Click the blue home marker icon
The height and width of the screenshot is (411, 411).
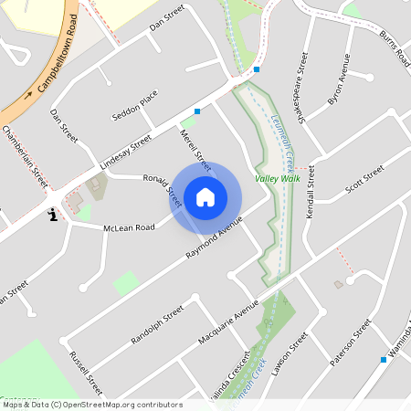[205, 196]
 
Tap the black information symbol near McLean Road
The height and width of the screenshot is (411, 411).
[52, 216]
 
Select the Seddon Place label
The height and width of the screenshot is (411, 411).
[134, 106]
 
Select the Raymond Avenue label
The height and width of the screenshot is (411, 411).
[213, 238]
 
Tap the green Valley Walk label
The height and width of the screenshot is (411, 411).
[277, 179]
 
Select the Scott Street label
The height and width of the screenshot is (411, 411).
[365, 180]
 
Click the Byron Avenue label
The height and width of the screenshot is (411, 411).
[339, 83]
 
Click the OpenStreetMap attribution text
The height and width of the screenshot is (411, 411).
[92, 405]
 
